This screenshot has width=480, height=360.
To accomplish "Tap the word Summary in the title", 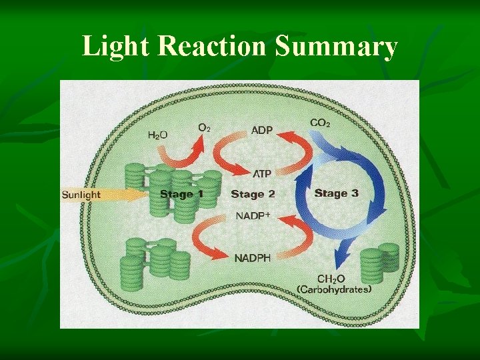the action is [336, 47].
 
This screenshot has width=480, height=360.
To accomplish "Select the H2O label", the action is [157, 135].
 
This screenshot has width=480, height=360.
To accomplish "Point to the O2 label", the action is [205, 127].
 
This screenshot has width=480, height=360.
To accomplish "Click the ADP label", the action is [261, 130].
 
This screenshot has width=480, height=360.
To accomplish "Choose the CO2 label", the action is [320, 123].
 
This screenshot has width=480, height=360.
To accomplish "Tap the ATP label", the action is [261, 173].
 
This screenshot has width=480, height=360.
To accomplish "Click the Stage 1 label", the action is [181, 194].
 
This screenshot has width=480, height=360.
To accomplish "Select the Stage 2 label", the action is [253, 194].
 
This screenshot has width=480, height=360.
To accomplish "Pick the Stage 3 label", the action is [336, 193].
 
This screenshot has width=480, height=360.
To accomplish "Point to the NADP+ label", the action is [253, 215].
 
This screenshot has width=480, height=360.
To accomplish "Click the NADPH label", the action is [252, 259].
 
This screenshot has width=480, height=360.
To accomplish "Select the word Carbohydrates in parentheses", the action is [334, 289].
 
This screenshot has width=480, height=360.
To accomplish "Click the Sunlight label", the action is [81, 195].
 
